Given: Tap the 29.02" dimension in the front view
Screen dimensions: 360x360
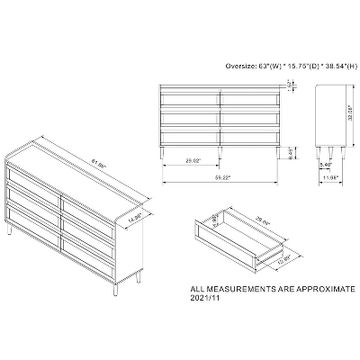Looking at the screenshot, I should point(190,159).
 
